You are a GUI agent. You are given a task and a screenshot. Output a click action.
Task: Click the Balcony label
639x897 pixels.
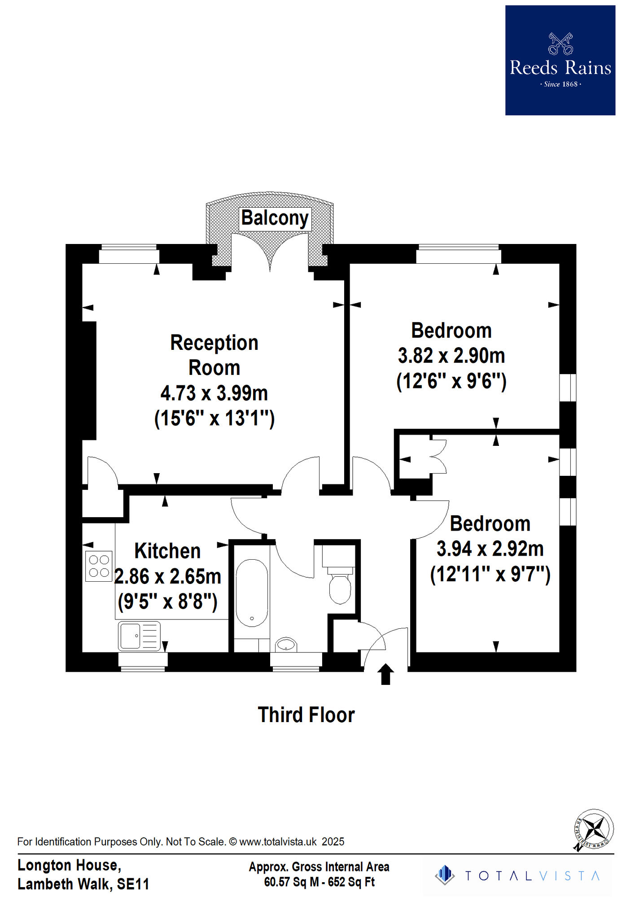tap(275, 218)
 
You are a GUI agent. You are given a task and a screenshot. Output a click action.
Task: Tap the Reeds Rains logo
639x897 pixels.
tap(560, 61)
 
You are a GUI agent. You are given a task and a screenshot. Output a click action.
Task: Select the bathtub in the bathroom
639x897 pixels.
tap(252, 592)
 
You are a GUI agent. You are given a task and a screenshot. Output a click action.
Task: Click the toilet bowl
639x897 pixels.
tap(340, 588)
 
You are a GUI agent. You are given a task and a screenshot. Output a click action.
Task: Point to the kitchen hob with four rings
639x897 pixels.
tap(99, 566)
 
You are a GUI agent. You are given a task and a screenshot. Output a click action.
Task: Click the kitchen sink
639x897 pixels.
tap(139, 636)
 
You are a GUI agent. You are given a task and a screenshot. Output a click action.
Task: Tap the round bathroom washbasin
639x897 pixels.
tap(286, 644)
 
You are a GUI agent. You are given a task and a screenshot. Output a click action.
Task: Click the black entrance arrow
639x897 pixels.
tap(385, 674)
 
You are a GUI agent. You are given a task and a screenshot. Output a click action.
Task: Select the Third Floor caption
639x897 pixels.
tap(306, 715)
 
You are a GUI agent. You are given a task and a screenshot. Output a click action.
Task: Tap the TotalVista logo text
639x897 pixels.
tap(532, 876)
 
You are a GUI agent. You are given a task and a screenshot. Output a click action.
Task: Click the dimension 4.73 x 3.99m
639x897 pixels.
tap(214, 393)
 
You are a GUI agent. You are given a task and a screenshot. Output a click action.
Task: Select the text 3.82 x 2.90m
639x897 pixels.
tap(451, 356)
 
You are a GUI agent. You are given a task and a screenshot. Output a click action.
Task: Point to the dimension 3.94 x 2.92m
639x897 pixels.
tap(490, 549)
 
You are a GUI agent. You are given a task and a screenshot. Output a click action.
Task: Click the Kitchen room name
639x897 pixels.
tap(167, 551)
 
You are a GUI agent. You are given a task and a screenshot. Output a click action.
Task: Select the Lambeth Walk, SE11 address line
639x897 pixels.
tap(83, 884)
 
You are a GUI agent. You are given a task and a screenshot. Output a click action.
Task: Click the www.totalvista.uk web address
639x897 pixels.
tap(278, 842)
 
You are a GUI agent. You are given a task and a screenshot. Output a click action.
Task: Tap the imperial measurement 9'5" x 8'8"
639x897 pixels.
tap(167, 601)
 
